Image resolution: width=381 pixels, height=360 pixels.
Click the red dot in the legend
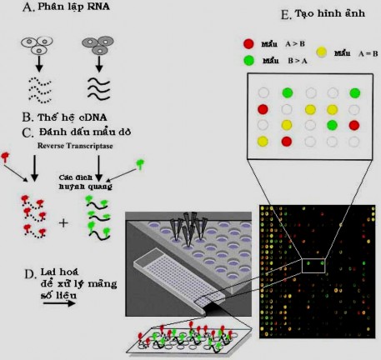(x=248, y=42)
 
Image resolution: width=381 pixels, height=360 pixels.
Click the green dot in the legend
(x=248, y=60)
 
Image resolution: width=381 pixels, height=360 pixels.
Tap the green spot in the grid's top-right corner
(x=355, y=92)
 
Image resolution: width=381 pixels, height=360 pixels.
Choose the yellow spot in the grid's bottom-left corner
(x=263, y=142)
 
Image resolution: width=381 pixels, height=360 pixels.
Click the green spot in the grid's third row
(x=332, y=125)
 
